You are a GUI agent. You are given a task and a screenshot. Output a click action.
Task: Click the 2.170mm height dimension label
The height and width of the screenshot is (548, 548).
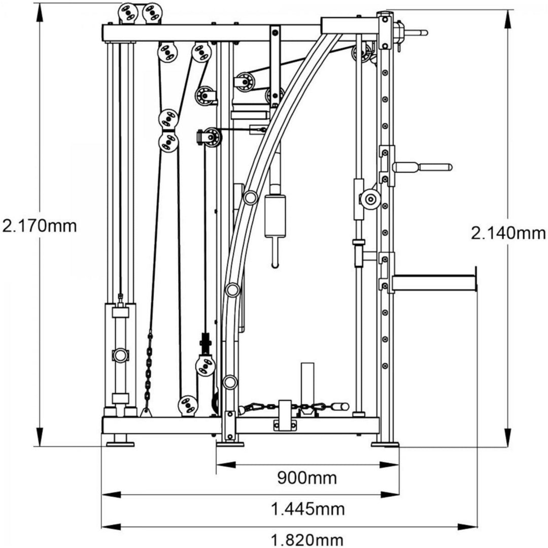pos(40,225)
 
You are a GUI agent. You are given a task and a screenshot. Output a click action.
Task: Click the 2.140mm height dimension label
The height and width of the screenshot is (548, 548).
pos(508,233)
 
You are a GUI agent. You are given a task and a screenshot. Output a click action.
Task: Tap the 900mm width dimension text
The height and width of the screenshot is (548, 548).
pos(307,477)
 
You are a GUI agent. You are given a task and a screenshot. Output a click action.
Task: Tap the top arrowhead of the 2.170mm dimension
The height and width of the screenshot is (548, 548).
pos(38,11)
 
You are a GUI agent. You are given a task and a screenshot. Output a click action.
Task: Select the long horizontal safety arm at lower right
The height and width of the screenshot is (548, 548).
pos(434,283)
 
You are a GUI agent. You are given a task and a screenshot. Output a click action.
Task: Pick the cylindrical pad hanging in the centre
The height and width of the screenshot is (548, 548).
pos(275,216)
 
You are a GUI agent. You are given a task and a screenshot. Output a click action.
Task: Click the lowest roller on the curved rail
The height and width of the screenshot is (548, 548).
pos(229,382)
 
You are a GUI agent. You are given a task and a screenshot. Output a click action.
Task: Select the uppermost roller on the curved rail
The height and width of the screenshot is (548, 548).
pos(250,197)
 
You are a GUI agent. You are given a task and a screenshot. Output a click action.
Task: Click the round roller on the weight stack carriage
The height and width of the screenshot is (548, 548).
pos(120,355)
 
